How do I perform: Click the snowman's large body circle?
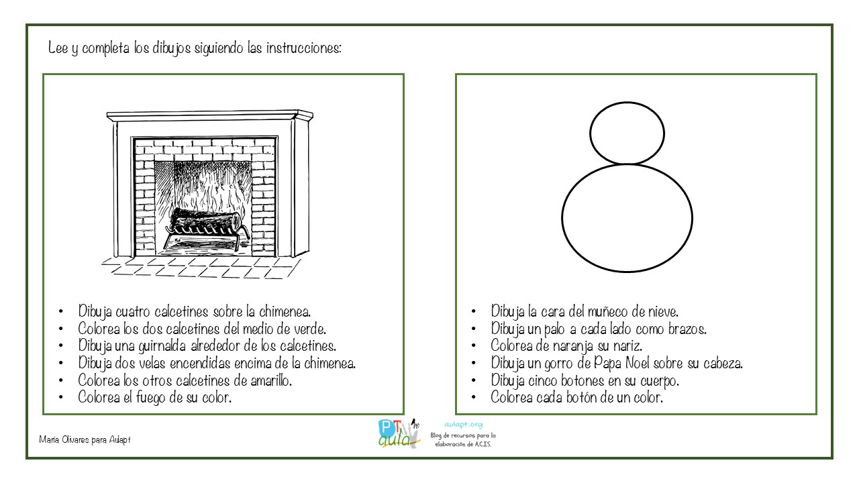pos(627,218)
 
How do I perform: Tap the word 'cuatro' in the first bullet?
pos(133,312)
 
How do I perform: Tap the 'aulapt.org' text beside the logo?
pos(463,425)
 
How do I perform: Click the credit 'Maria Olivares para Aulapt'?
pos(85,439)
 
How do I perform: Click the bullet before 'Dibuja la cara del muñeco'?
pos(474,312)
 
